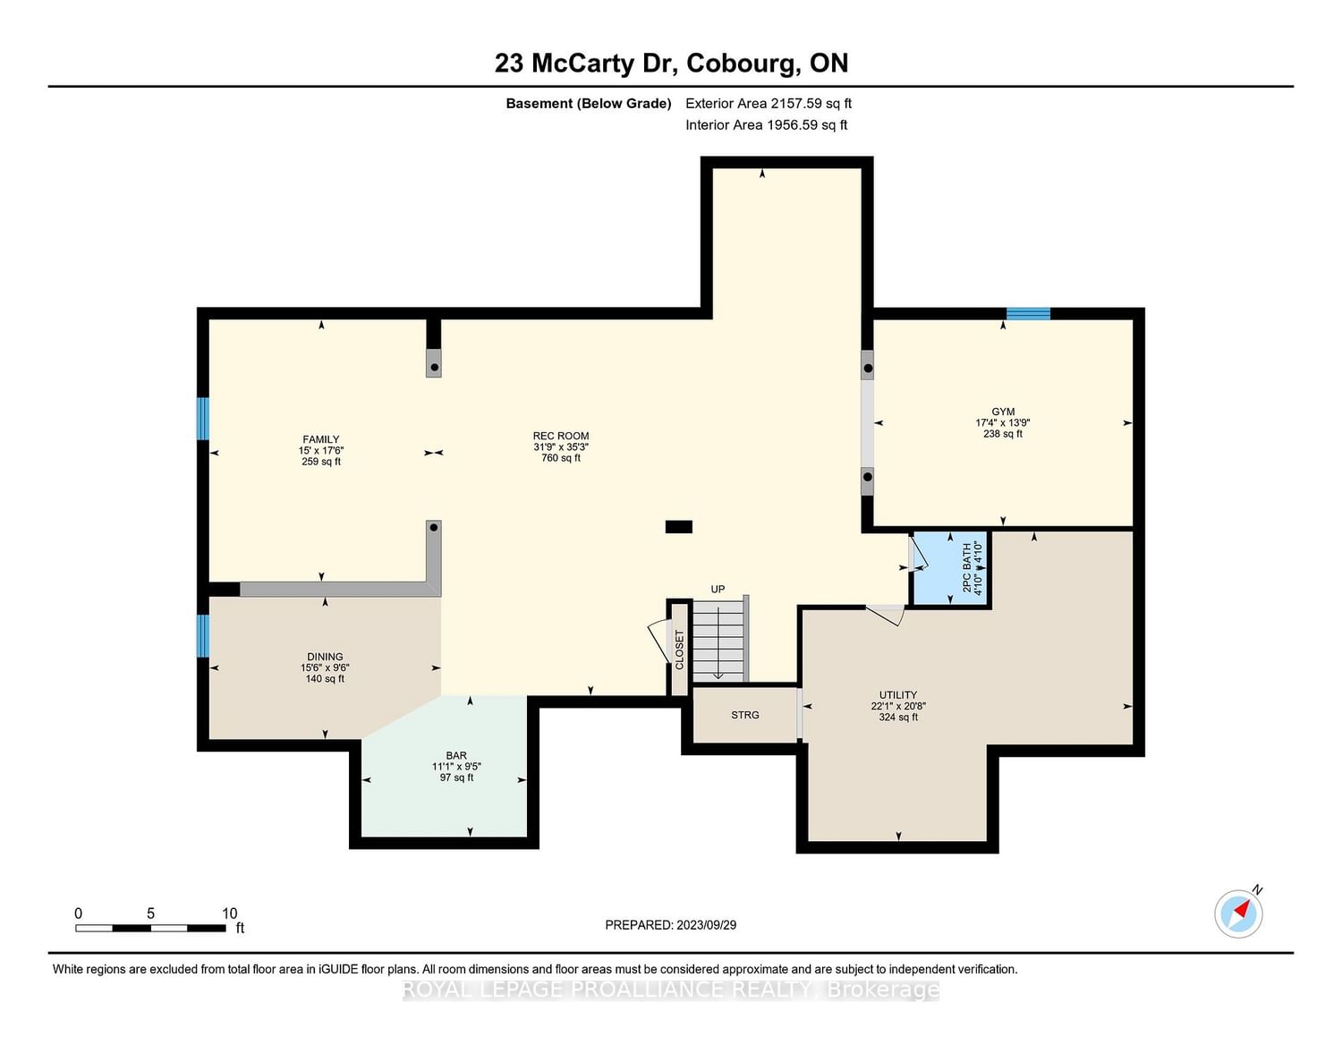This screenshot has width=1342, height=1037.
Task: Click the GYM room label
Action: tap(1002, 412)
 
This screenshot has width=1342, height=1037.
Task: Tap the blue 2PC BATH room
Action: tap(950, 568)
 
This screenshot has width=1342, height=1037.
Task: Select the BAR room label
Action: tap(456, 755)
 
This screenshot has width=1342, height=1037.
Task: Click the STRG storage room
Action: tap(744, 715)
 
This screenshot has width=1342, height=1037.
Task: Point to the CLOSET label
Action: tap(679, 650)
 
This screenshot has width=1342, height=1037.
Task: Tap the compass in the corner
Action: tap(1238, 914)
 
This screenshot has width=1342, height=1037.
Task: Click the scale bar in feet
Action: tap(150, 928)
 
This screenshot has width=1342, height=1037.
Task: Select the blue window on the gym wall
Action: tap(1028, 313)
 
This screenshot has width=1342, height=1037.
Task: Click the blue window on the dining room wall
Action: tap(203, 635)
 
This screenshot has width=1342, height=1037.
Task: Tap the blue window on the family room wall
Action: tap(203, 418)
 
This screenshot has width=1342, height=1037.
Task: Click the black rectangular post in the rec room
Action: tap(679, 527)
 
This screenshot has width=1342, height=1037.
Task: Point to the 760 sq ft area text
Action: tap(561, 458)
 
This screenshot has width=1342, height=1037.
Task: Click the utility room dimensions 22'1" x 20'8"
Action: tap(898, 706)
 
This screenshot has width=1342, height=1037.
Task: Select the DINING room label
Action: tap(325, 657)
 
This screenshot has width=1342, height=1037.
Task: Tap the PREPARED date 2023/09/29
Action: tap(707, 924)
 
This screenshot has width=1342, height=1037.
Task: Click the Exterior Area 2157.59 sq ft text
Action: tap(769, 103)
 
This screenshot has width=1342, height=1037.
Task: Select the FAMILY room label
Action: tap(320, 439)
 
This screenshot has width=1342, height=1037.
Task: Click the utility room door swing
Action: tap(886, 616)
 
